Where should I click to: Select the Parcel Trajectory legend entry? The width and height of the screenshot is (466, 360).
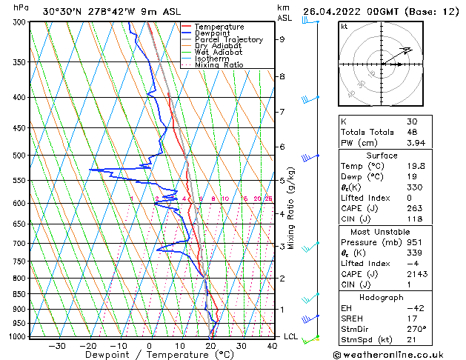coord(228,40)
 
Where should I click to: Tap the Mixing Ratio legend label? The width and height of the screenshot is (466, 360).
coord(219,65)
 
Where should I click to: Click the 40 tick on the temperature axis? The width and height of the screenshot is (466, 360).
coord(273,345)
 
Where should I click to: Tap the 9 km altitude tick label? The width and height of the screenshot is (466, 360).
coord(282,39)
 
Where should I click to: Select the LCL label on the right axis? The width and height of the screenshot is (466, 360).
coord(292,336)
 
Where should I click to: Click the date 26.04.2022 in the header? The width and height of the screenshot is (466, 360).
coord(330,11)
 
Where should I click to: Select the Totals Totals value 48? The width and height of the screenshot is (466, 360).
coord(412,132)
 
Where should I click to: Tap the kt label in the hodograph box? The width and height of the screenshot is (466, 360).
coord(344,26)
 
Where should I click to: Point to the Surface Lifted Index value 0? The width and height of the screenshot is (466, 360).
coord(409,198)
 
